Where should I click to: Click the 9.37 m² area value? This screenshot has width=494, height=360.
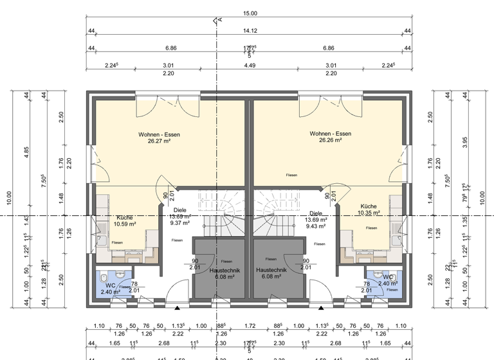click(x=180, y=223)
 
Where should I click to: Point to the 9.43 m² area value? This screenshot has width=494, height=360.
click(x=316, y=226)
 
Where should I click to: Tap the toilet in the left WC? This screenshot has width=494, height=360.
click(x=103, y=277)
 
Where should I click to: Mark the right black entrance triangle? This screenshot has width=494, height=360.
click(x=320, y=309)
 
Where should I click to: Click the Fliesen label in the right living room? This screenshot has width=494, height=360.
click(x=292, y=174)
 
